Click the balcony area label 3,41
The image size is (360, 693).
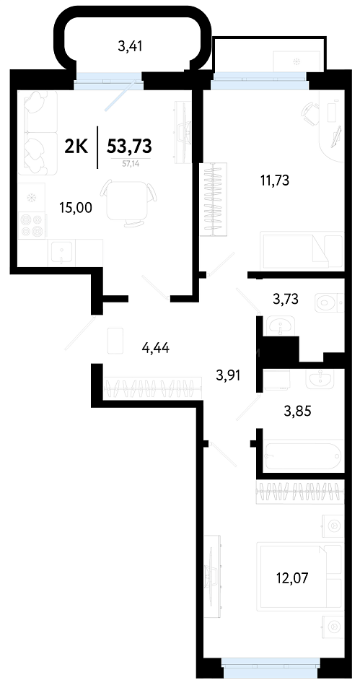coord(130,46)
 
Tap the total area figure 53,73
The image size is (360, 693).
coord(129,144)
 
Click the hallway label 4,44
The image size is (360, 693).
coord(156,349)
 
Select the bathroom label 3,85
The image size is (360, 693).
coord(297,411)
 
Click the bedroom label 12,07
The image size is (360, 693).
coord(290,577)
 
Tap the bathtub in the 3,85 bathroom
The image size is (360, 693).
coord(302,455)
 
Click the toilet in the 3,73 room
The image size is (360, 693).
coord(329,304)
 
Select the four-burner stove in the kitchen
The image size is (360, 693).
coord(32,225)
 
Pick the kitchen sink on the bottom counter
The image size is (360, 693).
coord(61,253)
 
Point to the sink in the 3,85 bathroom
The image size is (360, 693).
coord(321,378)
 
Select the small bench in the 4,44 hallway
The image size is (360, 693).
coord(115,340)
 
